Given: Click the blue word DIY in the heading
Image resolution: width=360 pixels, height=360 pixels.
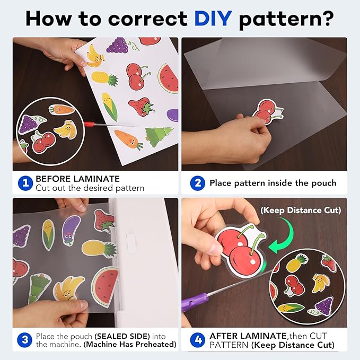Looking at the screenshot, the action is tap(213, 19).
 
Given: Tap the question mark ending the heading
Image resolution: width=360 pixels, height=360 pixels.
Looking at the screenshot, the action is tap(327, 19).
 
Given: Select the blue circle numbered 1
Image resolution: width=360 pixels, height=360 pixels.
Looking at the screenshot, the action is tap(25, 183).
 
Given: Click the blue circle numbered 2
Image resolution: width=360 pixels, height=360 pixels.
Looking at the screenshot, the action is tap(197, 183).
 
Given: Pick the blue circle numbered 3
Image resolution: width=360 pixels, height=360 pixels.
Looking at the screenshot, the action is tap(25, 340).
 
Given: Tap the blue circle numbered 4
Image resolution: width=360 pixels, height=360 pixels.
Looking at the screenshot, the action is tap(197, 340).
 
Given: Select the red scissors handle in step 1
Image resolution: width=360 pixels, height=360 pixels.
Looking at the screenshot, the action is tap(90, 124).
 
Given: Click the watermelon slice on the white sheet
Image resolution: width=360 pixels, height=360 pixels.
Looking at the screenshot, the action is tap(169, 78).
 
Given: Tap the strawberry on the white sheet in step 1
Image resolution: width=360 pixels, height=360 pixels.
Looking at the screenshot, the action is tap(142, 106).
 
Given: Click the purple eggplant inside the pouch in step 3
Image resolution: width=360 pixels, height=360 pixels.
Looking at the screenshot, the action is tap(71, 231).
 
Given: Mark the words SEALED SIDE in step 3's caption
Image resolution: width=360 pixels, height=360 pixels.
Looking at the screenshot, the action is tap(122, 336).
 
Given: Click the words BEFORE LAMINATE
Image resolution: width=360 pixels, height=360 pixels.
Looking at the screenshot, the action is tap(77, 179).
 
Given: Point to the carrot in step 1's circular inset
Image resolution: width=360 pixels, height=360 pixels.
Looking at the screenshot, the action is tap(62, 110).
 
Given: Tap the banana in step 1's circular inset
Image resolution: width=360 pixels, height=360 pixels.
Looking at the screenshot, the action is tap(65, 129).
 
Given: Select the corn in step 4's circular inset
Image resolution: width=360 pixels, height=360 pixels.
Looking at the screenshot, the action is tap(291, 308).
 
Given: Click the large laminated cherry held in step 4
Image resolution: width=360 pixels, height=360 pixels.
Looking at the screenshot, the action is tap(241, 250).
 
